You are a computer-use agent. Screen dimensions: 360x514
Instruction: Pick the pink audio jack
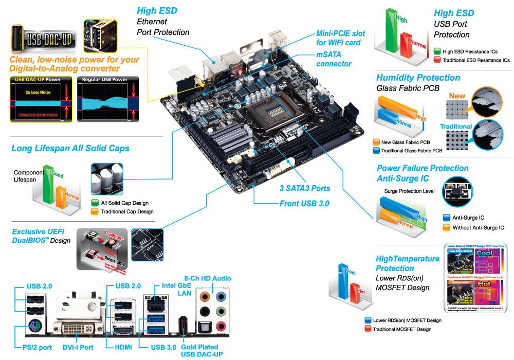(222, 326)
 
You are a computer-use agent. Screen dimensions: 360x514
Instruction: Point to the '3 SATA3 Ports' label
(305, 188)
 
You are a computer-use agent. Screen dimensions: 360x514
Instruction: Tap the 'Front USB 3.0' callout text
(304, 204)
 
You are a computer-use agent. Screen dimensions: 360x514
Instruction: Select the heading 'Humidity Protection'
(418, 78)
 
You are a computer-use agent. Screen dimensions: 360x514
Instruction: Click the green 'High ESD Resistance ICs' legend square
(437, 51)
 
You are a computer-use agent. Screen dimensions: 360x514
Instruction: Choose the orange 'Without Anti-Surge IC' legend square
(446, 227)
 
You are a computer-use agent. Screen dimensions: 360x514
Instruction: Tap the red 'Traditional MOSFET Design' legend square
(367, 329)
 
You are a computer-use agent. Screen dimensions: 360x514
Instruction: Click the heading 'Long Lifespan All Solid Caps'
(70, 149)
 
